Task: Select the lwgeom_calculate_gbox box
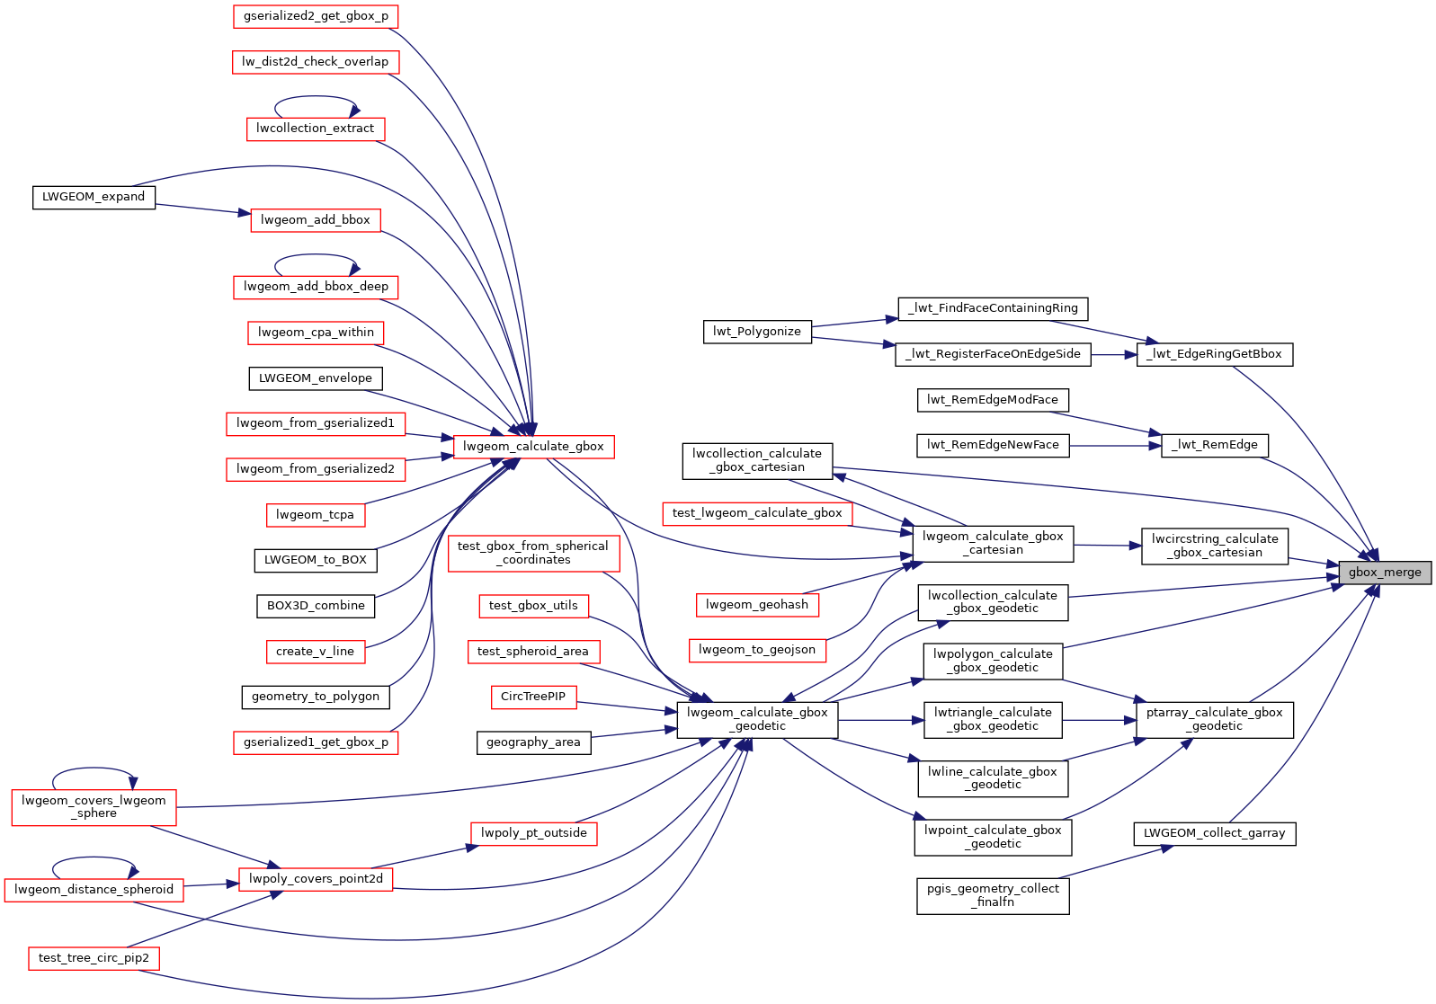(x=533, y=447)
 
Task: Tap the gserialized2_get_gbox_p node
(x=316, y=16)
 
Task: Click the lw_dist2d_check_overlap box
(x=316, y=61)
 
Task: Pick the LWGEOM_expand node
(x=94, y=197)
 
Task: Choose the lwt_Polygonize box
(x=757, y=332)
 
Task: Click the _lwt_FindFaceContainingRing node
(x=993, y=308)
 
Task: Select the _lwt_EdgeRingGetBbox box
(x=1214, y=354)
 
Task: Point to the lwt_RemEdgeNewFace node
(x=993, y=445)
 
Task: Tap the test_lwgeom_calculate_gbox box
(x=757, y=513)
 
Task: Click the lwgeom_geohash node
(x=757, y=605)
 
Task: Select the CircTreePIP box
(x=533, y=697)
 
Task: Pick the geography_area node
(x=533, y=742)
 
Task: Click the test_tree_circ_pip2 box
(x=94, y=958)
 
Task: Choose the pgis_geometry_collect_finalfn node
(x=993, y=896)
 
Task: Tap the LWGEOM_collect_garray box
(x=1214, y=833)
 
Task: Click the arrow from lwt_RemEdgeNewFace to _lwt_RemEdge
(x=1116, y=445)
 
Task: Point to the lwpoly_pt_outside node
(x=533, y=833)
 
